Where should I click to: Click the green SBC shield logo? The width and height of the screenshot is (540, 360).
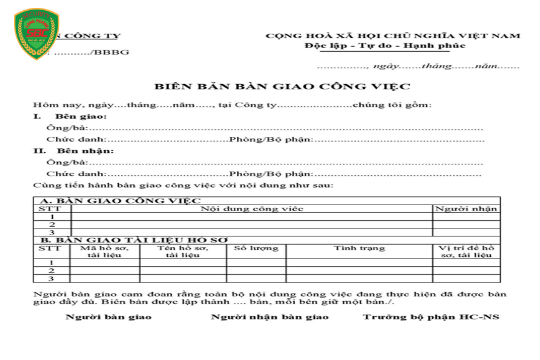tap(37, 34)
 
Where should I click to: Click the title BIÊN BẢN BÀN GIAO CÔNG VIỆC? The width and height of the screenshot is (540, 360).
tap(282, 86)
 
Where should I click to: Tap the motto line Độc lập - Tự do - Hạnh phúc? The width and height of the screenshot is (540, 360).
tap(385, 46)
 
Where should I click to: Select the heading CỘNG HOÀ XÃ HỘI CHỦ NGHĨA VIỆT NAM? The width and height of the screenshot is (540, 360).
tap(393, 36)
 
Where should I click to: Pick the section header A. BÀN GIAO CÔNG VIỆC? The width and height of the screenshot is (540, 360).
tap(120, 201)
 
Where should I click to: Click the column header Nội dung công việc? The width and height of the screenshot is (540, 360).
tap(252, 209)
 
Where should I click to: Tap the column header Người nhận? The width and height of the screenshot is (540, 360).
tap(466, 209)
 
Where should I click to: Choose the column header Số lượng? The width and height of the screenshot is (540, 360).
tap(256, 248)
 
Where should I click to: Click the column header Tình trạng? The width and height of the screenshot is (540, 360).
tap(359, 248)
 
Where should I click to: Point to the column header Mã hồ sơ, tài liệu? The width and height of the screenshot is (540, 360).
tap(105, 251)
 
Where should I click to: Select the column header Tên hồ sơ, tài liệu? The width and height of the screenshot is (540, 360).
tap(182, 251)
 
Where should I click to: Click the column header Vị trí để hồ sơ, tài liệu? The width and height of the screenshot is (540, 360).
tap(466, 251)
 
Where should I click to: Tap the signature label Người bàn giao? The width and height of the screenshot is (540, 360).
tap(109, 317)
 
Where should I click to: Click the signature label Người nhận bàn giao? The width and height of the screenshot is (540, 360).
tap(270, 317)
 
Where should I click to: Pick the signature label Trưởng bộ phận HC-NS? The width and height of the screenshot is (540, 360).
tap(431, 317)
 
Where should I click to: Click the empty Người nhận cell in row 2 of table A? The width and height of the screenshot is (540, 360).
tap(466, 224)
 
